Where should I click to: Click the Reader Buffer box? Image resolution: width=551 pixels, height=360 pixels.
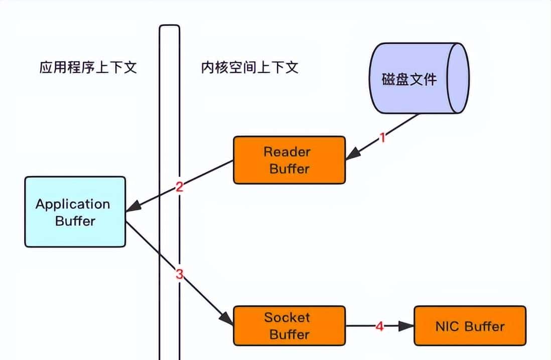point(289,160)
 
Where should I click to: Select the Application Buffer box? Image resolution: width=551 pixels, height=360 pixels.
point(75,211)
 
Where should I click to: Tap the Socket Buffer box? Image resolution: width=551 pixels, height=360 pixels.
point(289,325)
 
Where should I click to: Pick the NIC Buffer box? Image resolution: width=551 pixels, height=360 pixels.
point(470,326)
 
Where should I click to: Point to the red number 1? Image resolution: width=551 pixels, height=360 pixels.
point(382,138)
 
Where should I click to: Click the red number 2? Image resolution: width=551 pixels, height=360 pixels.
point(179,187)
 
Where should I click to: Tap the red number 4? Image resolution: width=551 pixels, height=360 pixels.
point(379,326)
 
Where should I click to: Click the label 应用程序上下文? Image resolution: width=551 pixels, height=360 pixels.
point(88,68)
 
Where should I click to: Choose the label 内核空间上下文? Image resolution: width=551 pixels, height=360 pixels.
point(249,68)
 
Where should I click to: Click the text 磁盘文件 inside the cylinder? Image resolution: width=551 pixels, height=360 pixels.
point(409,79)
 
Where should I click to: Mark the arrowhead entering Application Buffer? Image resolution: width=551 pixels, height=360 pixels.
point(133,207)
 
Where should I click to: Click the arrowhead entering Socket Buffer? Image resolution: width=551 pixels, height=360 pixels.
point(227,318)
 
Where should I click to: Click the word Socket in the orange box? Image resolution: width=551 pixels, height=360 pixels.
point(287,317)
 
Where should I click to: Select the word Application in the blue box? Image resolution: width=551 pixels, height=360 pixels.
point(73,204)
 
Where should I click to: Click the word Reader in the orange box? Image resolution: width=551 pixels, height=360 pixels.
point(287,152)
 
